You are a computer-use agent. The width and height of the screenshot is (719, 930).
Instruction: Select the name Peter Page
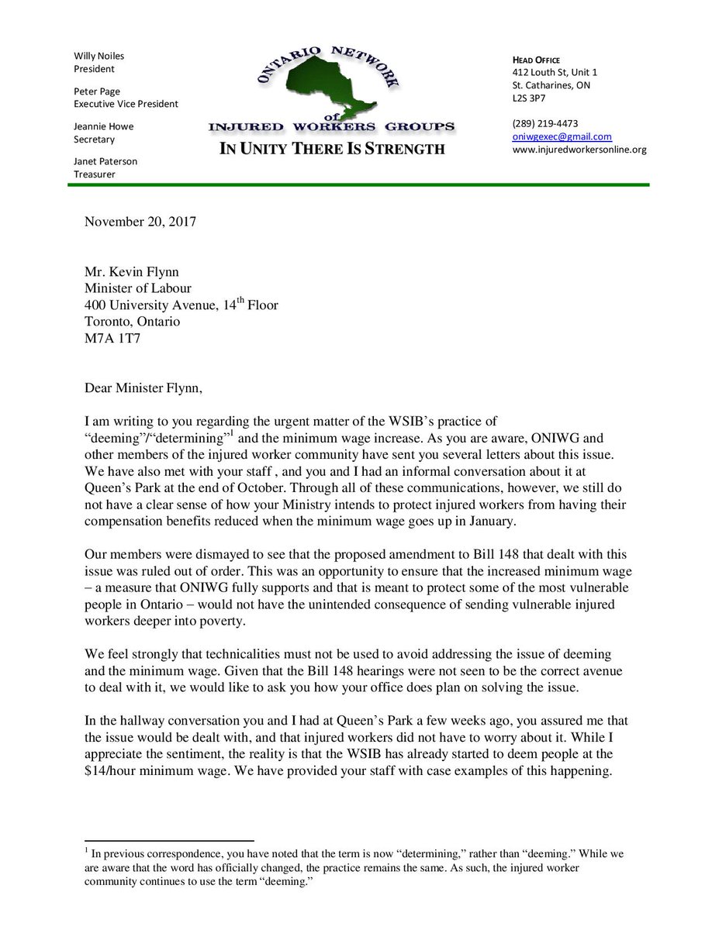[97, 91]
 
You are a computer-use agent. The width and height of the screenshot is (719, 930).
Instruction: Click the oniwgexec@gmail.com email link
[561, 136]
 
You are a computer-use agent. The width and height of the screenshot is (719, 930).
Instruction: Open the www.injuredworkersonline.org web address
[579, 150]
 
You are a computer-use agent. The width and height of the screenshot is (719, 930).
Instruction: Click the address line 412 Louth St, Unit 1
[555, 73]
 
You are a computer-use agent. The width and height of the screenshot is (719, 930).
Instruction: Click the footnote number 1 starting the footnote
[87, 850]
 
